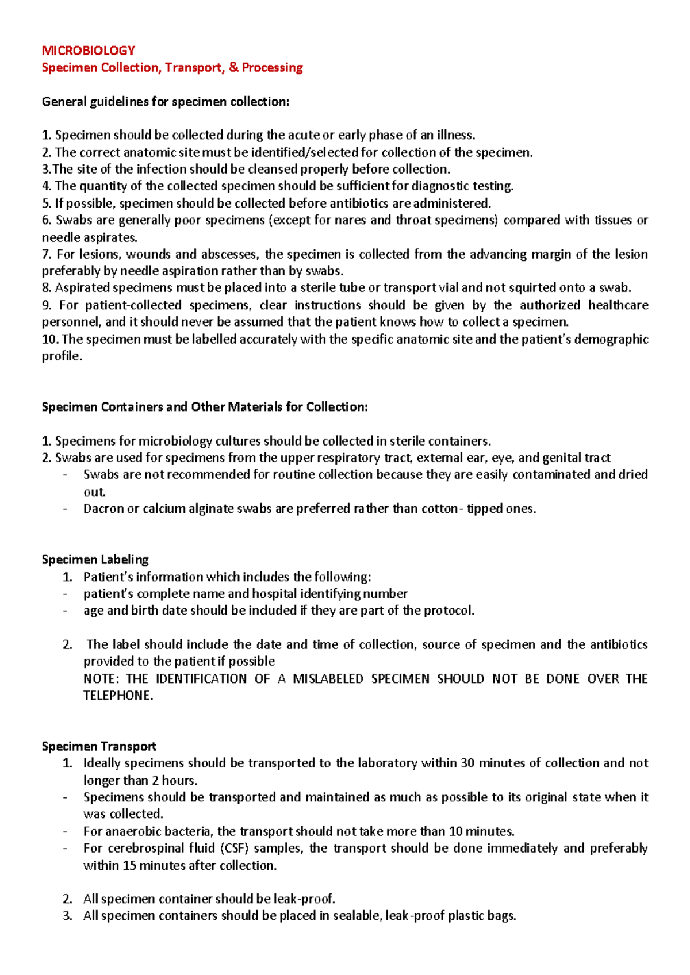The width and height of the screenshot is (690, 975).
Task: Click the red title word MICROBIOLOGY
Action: tap(88, 51)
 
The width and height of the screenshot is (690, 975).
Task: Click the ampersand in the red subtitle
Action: tap(233, 67)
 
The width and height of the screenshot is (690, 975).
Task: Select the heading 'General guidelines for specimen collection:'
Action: tap(166, 102)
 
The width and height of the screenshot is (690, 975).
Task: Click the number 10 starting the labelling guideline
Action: tap(49, 339)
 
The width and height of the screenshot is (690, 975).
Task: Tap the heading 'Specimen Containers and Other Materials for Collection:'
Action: tap(204, 407)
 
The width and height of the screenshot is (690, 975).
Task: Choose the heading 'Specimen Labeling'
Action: tap(95, 559)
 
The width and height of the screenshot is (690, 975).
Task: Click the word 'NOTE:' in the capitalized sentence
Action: tap(101, 678)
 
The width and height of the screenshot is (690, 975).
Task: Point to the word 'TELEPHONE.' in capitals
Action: tap(118, 696)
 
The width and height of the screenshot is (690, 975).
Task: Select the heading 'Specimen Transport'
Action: tap(99, 746)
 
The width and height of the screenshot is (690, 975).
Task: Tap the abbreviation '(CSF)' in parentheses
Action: tap(233, 848)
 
